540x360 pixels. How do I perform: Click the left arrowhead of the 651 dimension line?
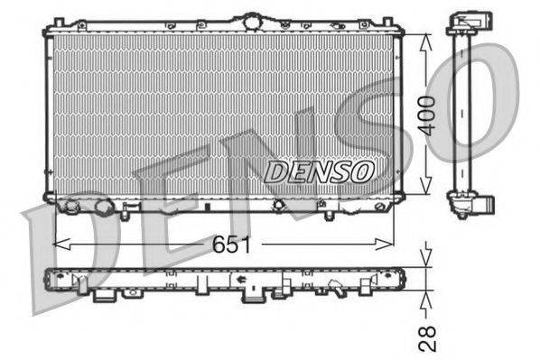[x=58, y=244]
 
